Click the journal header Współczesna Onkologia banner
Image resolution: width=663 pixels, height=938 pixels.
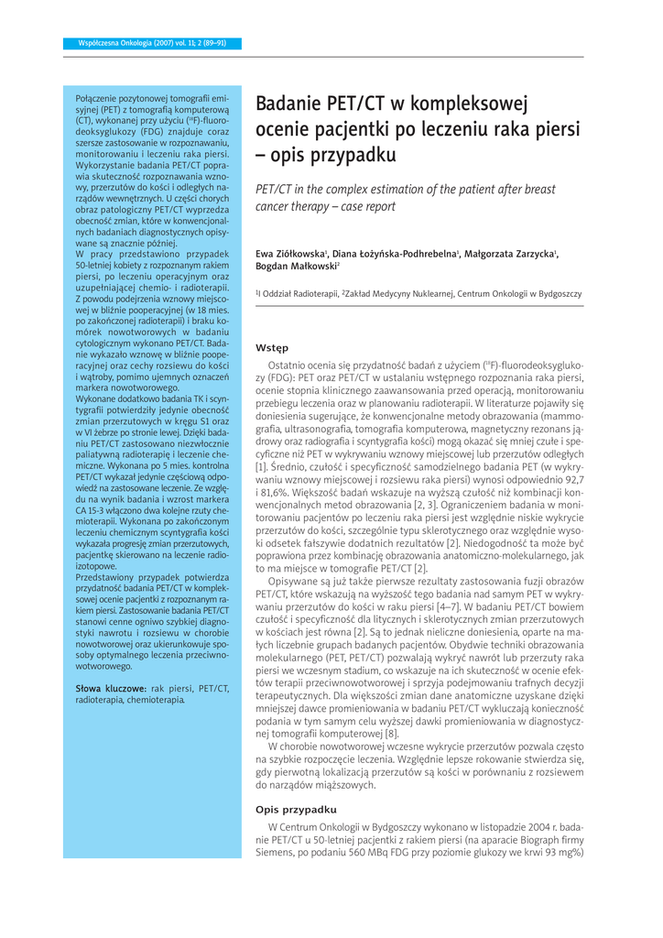tap(147, 43)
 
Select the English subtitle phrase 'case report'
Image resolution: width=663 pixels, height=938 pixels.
tap(361, 206)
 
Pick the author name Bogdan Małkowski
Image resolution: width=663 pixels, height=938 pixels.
tap(296, 266)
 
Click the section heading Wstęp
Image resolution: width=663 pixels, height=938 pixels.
tap(272, 348)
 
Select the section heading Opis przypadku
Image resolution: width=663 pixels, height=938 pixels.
tap(296, 810)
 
